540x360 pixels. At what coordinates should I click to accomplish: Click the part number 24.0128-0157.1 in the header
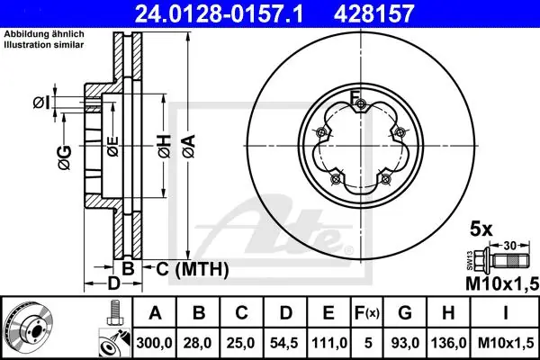(x=219, y=13)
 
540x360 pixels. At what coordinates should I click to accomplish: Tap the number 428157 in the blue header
(x=373, y=13)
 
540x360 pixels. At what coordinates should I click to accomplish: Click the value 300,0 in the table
(x=154, y=343)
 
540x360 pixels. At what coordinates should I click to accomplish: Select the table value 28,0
(x=198, y=343)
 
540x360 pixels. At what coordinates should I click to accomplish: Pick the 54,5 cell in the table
(x=284, y=343)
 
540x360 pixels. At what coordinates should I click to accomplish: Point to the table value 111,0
(x=328, y=343)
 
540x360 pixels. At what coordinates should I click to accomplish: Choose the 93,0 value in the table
(x=405, y=343)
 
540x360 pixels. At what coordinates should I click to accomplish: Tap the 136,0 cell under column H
(x=448, y=343)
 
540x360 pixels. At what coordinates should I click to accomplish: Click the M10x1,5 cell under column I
(x=506, y=343)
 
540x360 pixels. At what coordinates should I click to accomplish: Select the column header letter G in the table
(x=405, y=313)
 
